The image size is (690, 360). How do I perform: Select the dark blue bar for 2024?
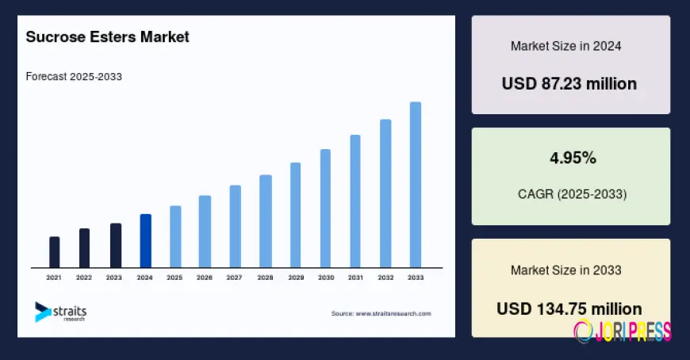pyautogui.click(x=145, y=241)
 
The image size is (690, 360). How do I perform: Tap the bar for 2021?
pyautogui.click(x=54, y=252)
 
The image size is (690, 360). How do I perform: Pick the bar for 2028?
pyautogui.click(x=266, y=221)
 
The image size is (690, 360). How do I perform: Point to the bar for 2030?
pyautogui.click(x=325, y=209)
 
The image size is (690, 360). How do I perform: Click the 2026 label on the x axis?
pyautogui.click(x=205, y=278)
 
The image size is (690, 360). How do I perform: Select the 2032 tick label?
pyautogui.click(x=385, y=278)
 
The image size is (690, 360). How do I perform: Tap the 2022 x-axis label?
pyautogui.click(x=84, y=278)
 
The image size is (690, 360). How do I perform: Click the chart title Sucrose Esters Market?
pyautogui.click(x=108, y=36)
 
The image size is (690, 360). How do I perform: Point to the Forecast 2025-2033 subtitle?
pyautogui.click(x=74, y=77)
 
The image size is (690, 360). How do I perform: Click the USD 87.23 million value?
pyautogui.click(x=569, y=83)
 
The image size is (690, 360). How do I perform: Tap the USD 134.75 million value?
pyautogui.click(x=569, y=308)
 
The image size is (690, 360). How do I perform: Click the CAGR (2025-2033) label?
pyautogui.click(x=571, y=193)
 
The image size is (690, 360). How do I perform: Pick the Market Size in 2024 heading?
pyautogui.click(x=565, y=46)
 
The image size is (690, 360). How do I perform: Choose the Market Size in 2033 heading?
pyautogui.click(x=565, y=270)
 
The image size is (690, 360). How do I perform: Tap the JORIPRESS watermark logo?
pyautogui.click(x=623, y=330)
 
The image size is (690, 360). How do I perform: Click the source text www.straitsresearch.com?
pyautogui.click(x=381, y=314)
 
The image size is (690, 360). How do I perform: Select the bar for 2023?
pyautogui.click(x=115, y=246)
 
